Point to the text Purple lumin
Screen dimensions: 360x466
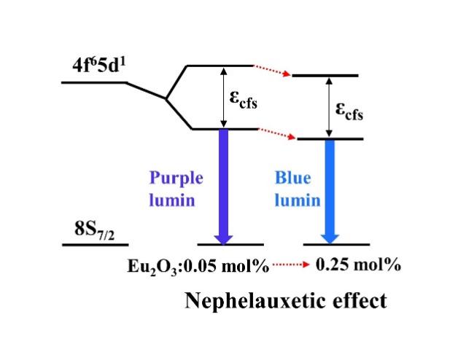(x=176, y=189)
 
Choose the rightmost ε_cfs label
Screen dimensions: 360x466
(x=349, y=110)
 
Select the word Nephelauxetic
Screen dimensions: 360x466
(x=245, y=300)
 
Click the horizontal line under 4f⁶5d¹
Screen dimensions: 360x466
(x=93, y=82)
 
